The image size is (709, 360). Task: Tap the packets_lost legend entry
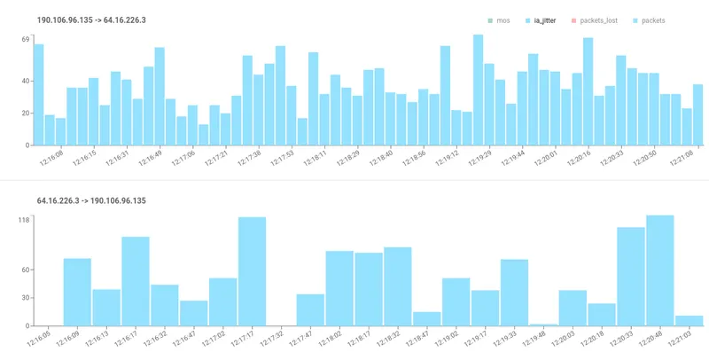point(598,20)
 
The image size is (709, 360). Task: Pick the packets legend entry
point(651,20)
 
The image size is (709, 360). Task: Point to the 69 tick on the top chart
point(26,40)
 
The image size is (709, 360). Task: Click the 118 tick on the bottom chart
point(25,221)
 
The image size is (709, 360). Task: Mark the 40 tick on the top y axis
point(26,82)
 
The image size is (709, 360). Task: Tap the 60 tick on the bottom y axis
point(26,270)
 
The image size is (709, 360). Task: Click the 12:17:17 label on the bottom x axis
point(244,340)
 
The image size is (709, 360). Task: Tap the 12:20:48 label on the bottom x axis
point(652,340)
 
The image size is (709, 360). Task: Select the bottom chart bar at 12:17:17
point(252,271)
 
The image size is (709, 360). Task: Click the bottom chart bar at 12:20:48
point(659,270)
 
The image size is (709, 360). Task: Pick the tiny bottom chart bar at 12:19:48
point(542,325)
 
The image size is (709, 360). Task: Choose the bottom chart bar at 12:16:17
point(136,281)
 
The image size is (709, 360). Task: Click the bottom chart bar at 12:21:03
point(689,321)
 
